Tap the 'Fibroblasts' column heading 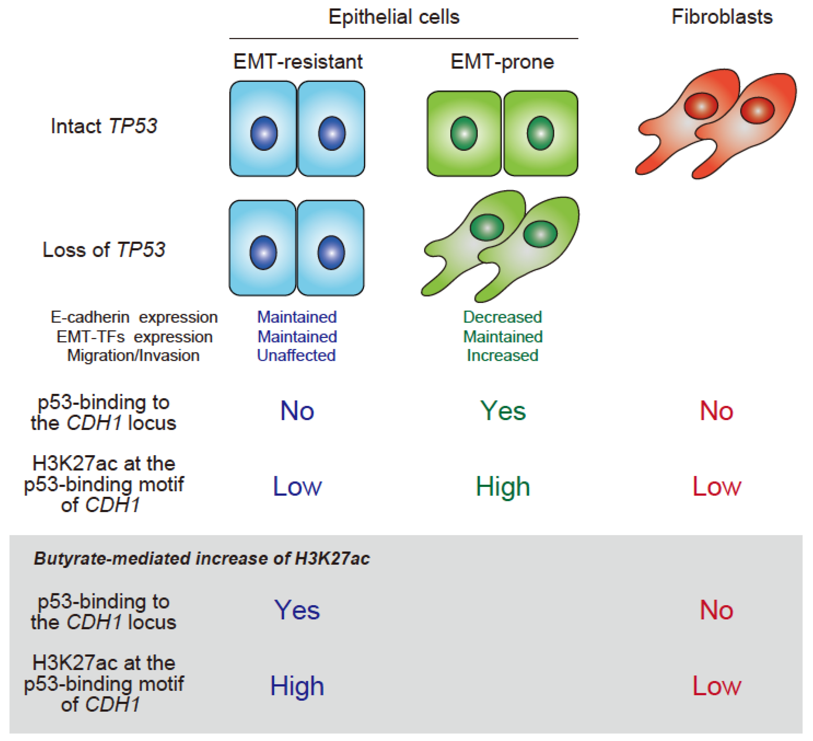pyautogui.click(x=722, y=17)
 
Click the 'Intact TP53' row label pyautogui.click(x=104, y=126)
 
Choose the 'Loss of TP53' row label pyautogui.click(x=104, y=250)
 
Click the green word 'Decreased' pyautogui.click(x=502, y=317)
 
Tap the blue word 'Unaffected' pyautogui.click(x=297, y=356)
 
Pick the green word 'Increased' pyautogui.click(x=502, y=356)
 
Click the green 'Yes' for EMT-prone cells pyautogui.click(x=503, y=411)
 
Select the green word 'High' pyautogui.click(x=503, y=487)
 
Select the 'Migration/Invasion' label pyautogui.click(x=133, y=356)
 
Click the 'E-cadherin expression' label pyautogui.click(x=134, y=317)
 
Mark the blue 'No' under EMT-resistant pyautogui.click(x=297, y=411)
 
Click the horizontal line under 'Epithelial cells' pyautogui.click(x=403, y=39)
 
